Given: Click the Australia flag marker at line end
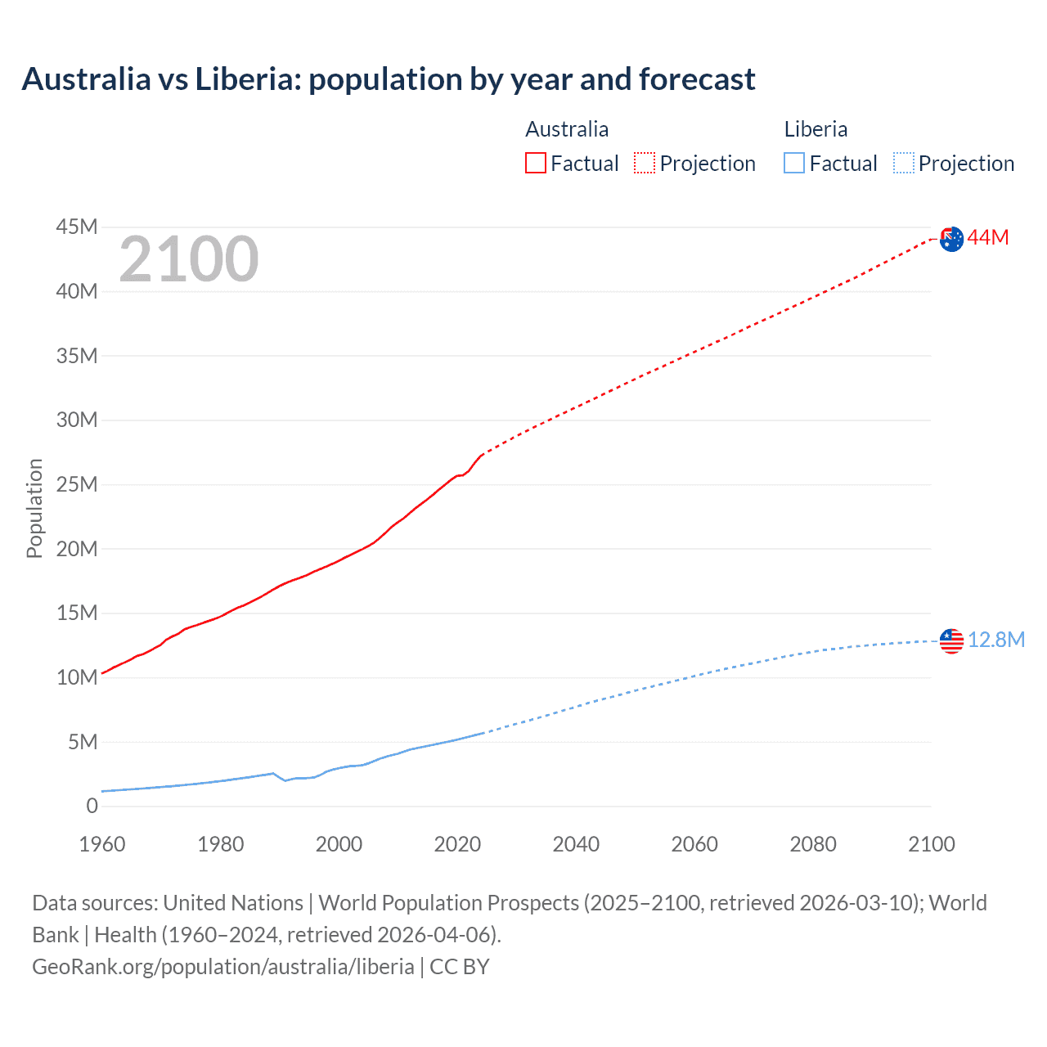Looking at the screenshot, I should pyautogui.click(x=951, y=239).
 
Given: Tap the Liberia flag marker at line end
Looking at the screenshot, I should pyautogui.click(x=951, y=640).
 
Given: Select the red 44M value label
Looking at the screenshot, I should pyautogui.click(x=988, y=238).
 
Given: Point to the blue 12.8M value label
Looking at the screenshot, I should pyautogui.click(x=996, y=640).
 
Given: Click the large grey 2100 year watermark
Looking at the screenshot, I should pyautogui.click(x=189, y=259).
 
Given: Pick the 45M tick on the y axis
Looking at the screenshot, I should pyautogui.click(x=77, y=227).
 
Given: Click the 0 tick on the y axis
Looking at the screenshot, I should pyautogui.click(x=92, y=806).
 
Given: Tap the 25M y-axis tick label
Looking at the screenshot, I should pyautogui.click(x=77, y=484).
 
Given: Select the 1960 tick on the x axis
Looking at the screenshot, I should pyautogui.click(x=102, y=844).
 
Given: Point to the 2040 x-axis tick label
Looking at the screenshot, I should pyautogui.click(x=576, y=844).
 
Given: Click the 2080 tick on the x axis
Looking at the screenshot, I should pyautogui.click(x=813, y=844).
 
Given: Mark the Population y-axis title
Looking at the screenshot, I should pyautogui.click(x=34, y=508).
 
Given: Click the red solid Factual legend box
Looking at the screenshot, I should pyautogui.click(x=535, y=163).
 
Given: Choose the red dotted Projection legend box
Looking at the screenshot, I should pyautogui.click(x=645, y=163).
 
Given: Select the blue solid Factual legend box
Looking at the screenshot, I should pyautogui.click(x=794, y=163).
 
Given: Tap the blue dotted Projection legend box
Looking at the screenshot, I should pyautogui.click(x=904, y=163).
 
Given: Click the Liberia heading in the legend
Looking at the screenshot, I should pyautogui.click(x=816, y=129).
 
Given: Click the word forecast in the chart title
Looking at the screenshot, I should pyautogui.click(x=697, y=79).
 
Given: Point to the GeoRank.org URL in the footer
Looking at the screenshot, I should pyautogui.click(x=222, y=966).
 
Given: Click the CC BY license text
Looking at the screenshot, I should pyautogui.click(x=460, y=966).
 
